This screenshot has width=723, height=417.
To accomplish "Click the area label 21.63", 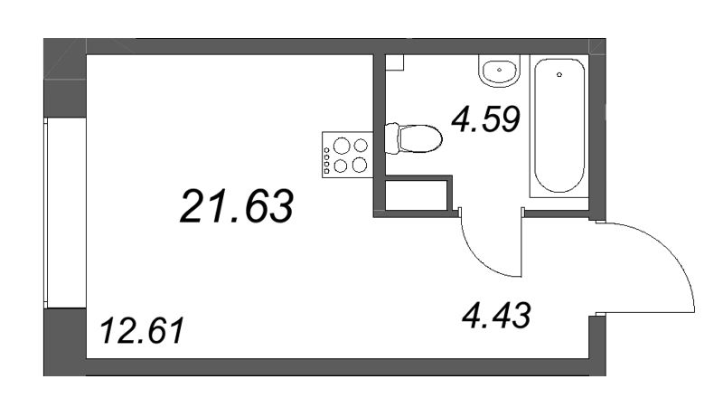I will (x=237, y=206).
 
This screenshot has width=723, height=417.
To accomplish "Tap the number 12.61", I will (x=142, y=331).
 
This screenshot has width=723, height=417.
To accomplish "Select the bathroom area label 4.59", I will (x=487, y=118).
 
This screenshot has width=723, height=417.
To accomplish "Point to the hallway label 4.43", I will (x=494, y=316).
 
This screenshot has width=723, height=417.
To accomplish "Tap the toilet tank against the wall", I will (x=391, y=139).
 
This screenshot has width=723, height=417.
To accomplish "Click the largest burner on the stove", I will (x=359, y=164).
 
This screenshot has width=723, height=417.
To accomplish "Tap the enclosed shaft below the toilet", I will (x=417, y=195).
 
